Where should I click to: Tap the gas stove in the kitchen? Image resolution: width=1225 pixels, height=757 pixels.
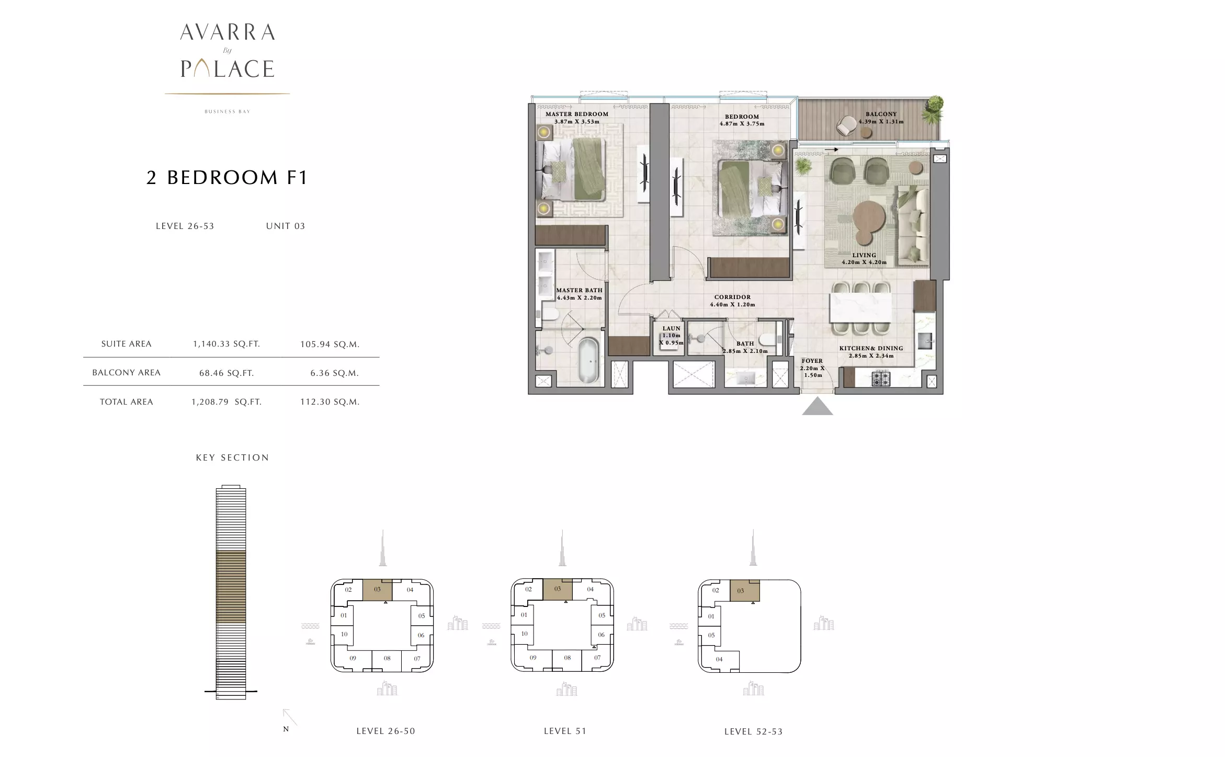(x=881, y=378)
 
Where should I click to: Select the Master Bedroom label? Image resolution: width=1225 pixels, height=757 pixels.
(x=577, y=114)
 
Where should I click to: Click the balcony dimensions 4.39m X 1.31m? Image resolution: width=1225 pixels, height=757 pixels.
(x=881, y=122)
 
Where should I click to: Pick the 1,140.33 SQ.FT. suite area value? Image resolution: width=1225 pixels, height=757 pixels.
(x=226, y=344)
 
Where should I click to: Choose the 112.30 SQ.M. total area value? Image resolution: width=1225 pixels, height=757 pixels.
(x=330, y=402)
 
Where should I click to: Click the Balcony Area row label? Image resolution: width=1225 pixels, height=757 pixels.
(x=127, y=373)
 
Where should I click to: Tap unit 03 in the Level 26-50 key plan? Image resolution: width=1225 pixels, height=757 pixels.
(x=377, y=590)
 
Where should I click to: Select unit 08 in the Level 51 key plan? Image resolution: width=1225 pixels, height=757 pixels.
(x=567, y=658)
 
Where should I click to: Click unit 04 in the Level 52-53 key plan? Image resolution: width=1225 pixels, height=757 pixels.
(x=719, y=659)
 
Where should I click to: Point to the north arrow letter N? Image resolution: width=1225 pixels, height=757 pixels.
(x=286, y=729)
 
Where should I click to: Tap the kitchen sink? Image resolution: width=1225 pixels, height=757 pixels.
(x=925, y=341)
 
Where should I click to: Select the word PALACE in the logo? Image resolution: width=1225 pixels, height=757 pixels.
(x=228, y=69)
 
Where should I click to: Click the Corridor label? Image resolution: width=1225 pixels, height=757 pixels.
(x=732, y=297)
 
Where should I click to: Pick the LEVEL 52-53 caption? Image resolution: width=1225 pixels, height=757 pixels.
(x=753, y=732)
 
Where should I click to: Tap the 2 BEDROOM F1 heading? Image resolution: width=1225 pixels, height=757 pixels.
(x=227, y=178)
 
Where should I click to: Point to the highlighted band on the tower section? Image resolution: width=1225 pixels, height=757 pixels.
(x=231, y=587)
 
